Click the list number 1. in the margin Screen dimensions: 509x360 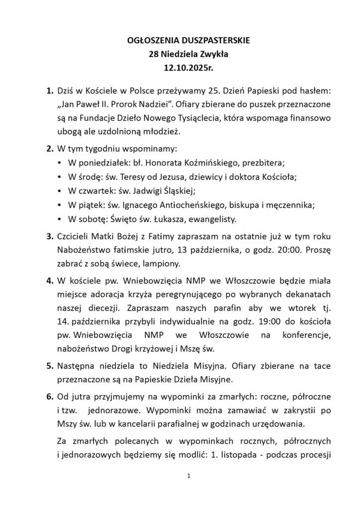coord(49,92)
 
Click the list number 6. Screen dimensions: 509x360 coord(49,399)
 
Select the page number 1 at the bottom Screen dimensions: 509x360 coord(189,476)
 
